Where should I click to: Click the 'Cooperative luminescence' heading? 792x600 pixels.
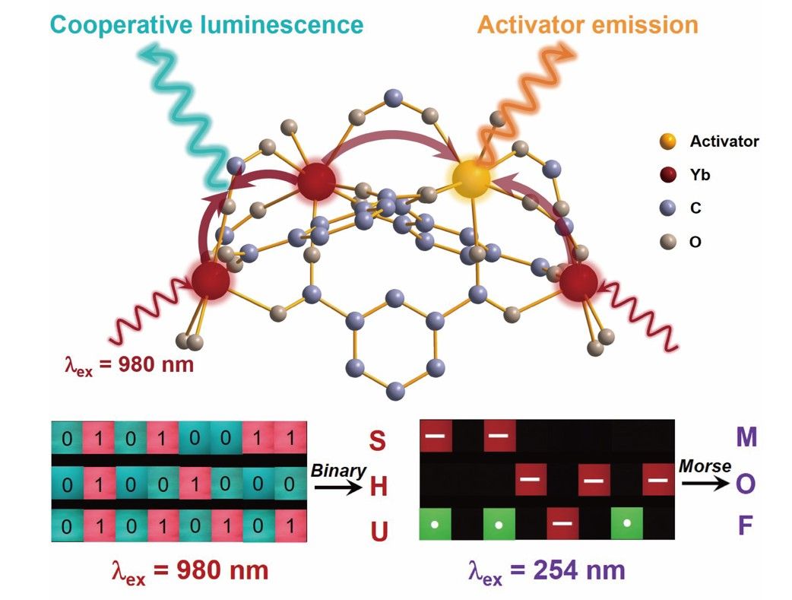pyautogui.click(x=206, y=24)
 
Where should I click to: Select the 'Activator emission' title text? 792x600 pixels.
pyautogui.click(x=588, y=24)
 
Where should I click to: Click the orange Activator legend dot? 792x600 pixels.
pyautogui.click(x=667, y=141)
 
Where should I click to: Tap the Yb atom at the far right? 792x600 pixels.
pyautogui.click(x=580, y=281)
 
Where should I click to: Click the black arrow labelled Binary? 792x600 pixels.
pyautogui.click(x=338, y=487)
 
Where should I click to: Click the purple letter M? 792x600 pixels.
pyautogui.click(x=746, y=437)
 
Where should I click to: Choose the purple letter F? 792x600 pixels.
pyautogui.click(x=746, y=526)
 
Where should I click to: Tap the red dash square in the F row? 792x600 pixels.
pyautogui.click(x=563, y=524)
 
